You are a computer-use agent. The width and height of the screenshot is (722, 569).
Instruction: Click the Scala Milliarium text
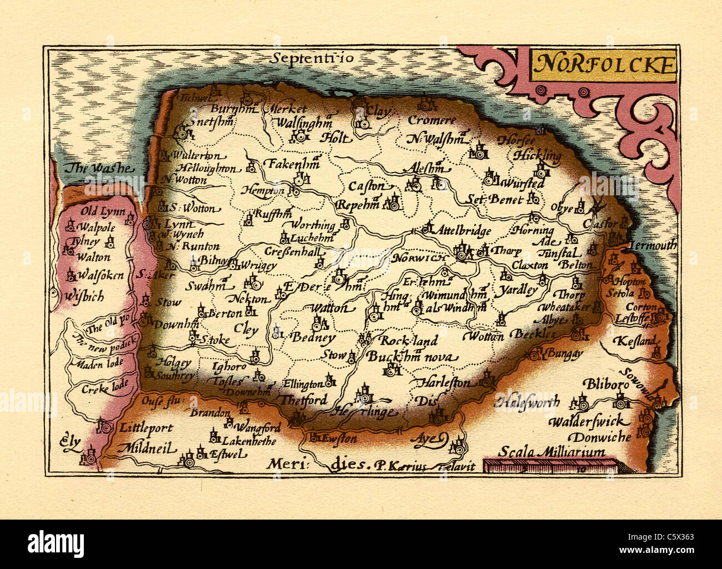[551, 452]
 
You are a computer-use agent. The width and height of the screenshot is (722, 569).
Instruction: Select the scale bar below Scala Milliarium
[550, 466]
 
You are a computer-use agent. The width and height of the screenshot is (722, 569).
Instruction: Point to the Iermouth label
[654, 245]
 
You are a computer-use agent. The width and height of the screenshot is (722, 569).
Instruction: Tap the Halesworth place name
[528, 401]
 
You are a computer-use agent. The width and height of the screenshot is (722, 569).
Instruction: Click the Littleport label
[146, 428]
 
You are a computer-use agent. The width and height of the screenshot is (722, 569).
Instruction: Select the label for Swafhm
[206, 286]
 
